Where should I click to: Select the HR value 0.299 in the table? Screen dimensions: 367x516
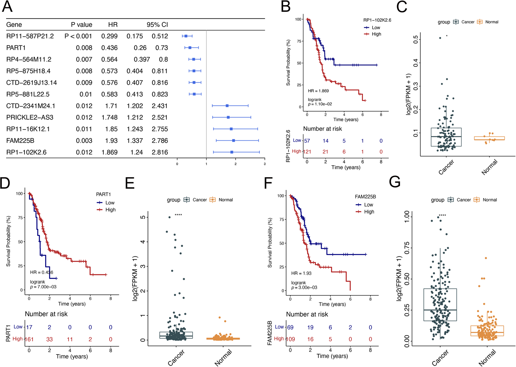tap(109, 36)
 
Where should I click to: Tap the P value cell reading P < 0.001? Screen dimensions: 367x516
tap(78, 36)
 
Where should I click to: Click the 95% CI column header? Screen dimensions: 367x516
tap(157, 25)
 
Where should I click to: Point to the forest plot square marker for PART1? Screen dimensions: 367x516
tap(190, 48)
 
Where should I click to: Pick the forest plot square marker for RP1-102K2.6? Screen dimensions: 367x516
tap(232, 152)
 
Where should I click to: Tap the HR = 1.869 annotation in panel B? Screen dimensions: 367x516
tap(318, 91)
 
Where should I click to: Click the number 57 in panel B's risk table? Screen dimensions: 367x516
tap(307, 141)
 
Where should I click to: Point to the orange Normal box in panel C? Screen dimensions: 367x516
tap(489, 138)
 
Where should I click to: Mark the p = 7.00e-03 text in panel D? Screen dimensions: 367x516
tap(43, 287)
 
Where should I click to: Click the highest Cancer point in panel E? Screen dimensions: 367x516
tap(169, 217)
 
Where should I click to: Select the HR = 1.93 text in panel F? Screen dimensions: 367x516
tap(301, 273)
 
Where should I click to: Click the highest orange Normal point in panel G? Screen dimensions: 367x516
tap(486, 258)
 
